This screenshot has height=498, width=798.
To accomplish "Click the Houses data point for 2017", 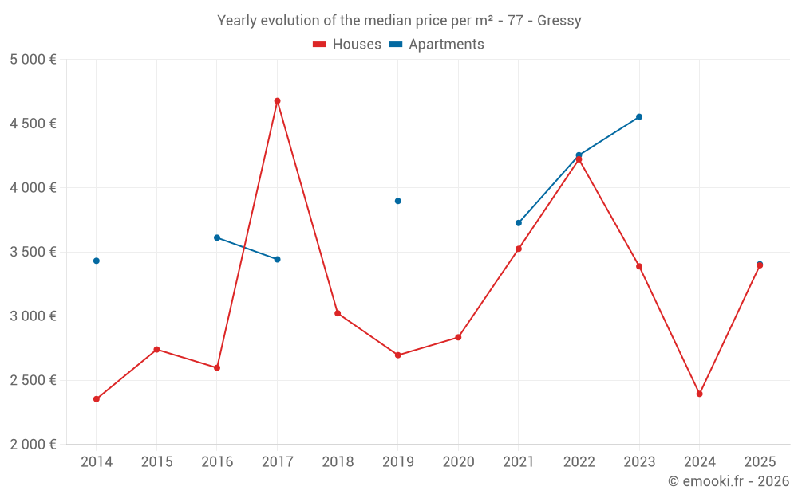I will pos(277,101).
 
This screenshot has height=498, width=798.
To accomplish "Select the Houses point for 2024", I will pos(699,394).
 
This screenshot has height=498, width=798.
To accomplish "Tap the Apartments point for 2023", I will pos(639,117).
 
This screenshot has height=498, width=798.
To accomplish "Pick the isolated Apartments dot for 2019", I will pos(397,201).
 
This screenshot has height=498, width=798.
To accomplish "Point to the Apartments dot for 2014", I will pos(97,261).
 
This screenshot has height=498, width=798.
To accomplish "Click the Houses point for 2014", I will pos(97,399).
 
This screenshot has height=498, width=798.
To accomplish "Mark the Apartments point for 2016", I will pos(217,237).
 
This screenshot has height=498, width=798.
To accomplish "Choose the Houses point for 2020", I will pos(458,337).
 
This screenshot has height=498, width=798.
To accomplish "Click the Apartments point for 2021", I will pos(519,223).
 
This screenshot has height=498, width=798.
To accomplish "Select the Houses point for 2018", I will pos(338,313).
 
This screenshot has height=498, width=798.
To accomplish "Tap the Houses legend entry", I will pos(347,45).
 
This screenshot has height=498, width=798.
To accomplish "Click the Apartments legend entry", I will pos(437,45).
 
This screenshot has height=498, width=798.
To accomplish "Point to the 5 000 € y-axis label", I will pos(33,60).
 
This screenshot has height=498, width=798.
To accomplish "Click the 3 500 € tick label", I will pos(33,252).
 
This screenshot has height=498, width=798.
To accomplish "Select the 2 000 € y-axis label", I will pos(33,445).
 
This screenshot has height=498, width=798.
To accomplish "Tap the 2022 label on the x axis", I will pos(579,462).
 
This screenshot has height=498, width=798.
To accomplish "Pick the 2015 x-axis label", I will pos(156,462).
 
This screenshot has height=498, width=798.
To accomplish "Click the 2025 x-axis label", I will pos(760,462).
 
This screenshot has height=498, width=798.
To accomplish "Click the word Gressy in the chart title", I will pos(559,21).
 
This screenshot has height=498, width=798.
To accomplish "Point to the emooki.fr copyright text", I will pos(729,481).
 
